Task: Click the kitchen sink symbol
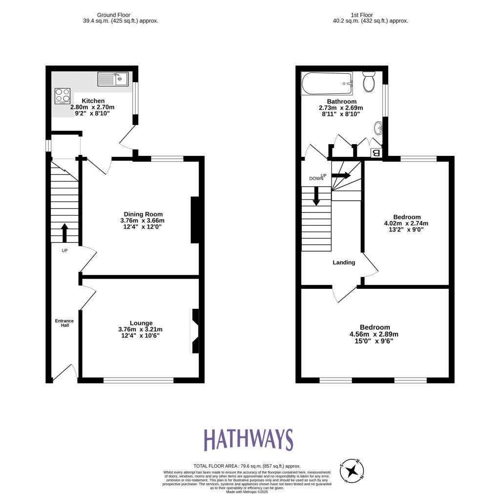(x=113, y=79)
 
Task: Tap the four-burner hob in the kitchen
(x=62, y=95)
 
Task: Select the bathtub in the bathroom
(x=327, y=84)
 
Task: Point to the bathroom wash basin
(x=378, y=129)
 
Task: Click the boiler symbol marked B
(x=376, y=152)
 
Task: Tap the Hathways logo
(x=248, y=440)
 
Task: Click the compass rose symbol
(x=352, y=471)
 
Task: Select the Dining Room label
(x=143, y=214)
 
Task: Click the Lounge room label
(x=141, y=322)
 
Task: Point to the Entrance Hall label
(x=64, y=323)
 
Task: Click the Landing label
(x=344, y=262)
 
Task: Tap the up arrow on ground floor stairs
(x=64, y=233)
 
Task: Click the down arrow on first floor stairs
(x=316, y=196)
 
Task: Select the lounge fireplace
(x=195, y=331)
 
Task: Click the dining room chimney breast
(x=195, y=220)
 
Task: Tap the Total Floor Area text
(x=247, y=466)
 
